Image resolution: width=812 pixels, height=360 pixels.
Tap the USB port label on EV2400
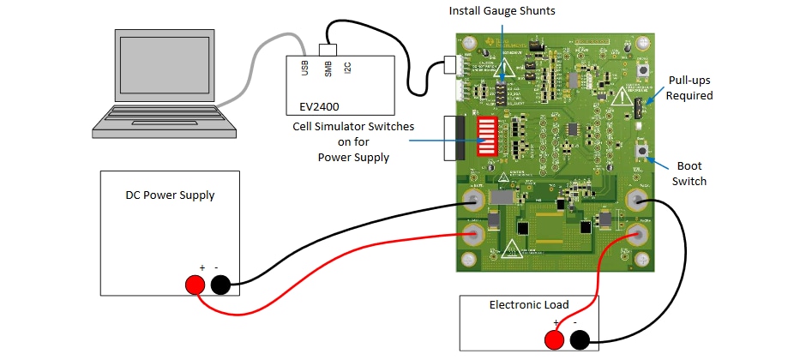tap(305, 69)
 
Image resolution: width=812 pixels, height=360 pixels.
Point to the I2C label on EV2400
tap(347, 69)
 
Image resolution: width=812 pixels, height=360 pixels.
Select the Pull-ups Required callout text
tap(689, 88)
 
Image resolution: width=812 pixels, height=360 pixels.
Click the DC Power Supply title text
tap(170, 195)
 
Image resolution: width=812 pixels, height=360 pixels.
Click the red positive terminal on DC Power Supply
tap(195, 285)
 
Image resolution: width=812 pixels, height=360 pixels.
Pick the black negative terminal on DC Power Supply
tap(220, 285)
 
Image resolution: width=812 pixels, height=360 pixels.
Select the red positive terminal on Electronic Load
tap(554, 340)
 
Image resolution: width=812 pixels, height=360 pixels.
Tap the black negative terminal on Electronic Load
tap(580, 340)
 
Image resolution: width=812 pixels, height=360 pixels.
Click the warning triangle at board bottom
tap(511, 250)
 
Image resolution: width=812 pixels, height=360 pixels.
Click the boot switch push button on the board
tap(641, 152)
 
